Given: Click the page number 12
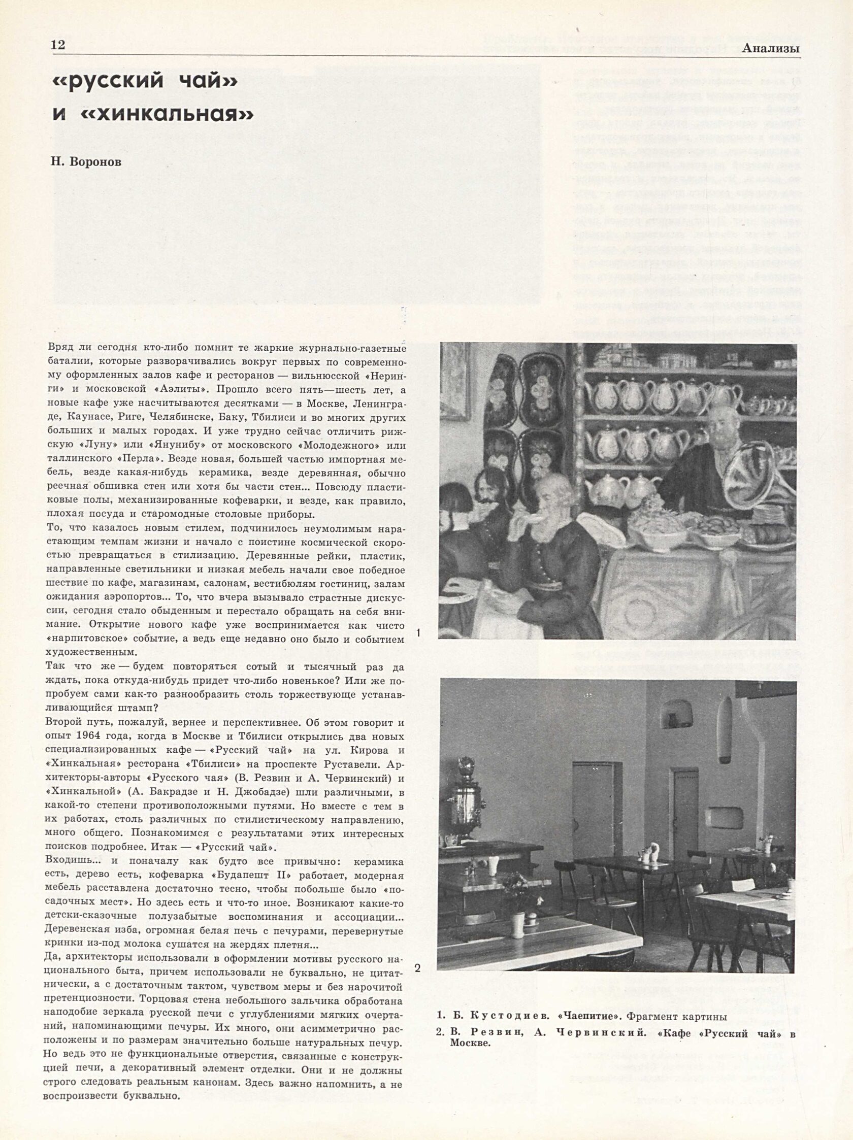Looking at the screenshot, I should (x=58, y=45).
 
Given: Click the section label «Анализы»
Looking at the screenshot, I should (x=771, y=48).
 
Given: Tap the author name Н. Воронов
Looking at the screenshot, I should (x=87, y=162).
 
